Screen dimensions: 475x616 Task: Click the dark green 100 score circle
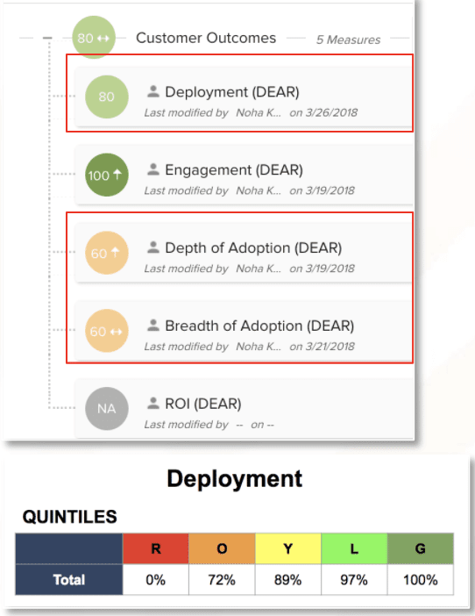pos(107,175)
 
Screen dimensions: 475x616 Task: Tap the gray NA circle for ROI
pos(107,409)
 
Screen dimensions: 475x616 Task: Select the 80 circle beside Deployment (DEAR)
pos(107,97)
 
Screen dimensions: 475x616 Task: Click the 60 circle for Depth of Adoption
pos(107,253)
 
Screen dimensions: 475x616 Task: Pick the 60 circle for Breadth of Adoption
pos(107,331)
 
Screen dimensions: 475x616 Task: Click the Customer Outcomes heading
pos(206,38)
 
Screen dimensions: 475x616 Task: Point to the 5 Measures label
pos(348,39)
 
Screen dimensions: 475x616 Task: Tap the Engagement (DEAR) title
pos(234,169)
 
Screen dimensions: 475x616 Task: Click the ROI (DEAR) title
pos(203,404)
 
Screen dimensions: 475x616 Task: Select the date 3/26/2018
pos(331,112)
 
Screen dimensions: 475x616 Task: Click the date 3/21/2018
pos(330,347)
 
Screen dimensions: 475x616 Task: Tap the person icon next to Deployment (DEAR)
pos(153,91)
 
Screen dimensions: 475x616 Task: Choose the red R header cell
pos(156,548)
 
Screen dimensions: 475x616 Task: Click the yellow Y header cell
pos(288,548)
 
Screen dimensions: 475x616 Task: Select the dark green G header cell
pos(420,548)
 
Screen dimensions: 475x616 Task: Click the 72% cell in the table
pos(222,580)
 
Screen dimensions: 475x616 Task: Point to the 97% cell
pos(354,580)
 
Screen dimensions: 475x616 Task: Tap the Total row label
pos(69,580)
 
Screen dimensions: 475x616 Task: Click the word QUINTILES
pos(70,517)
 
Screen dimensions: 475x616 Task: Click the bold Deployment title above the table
pos(235,479)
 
